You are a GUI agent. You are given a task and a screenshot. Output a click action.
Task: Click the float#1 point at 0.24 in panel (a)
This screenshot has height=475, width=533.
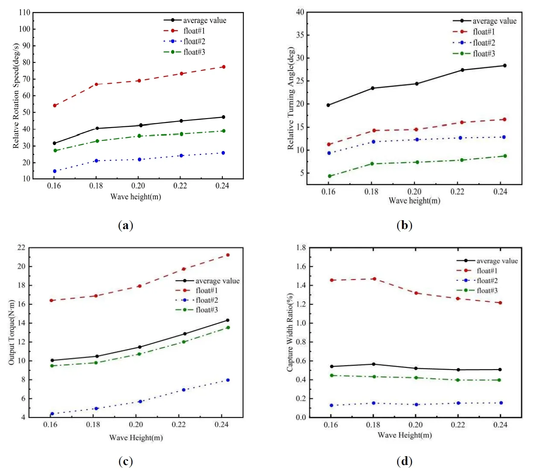tap(224, 67)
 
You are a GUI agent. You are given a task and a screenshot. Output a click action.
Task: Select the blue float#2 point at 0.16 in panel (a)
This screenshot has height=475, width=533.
tap(55, 171)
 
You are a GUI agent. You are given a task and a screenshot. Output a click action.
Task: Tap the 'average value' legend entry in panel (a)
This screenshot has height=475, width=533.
tap(204, 20)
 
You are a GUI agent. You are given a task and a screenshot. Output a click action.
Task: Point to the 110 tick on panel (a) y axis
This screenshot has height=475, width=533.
tap(25, 12)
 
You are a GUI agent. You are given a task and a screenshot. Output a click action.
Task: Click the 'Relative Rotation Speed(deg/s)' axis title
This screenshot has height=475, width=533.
tap(16, 96)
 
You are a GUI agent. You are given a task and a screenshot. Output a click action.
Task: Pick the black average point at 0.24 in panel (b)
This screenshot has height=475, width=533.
tap(504, 66)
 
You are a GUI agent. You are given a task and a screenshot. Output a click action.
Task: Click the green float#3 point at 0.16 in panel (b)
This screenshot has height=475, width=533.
tap(329, 176)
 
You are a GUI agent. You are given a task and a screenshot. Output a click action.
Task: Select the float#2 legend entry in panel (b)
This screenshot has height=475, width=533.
tap(483, 43)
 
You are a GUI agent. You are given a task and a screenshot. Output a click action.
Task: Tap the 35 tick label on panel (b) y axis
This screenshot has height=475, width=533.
tap(300, 35)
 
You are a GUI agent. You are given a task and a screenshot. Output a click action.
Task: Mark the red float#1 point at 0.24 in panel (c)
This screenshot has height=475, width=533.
tap(228, 255)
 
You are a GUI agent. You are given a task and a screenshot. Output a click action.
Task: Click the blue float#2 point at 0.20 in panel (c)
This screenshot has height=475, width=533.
tap(140, 402)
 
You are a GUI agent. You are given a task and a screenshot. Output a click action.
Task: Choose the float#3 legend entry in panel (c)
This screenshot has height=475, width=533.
tap(207, 310)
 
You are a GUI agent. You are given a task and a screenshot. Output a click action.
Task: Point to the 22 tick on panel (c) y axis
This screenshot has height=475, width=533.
tap(21, 248)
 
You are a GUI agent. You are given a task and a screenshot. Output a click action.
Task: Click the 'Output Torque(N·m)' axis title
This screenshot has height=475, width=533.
tap(12, 332)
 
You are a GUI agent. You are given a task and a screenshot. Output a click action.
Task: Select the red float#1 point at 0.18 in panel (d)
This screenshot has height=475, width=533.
tap(374, 279)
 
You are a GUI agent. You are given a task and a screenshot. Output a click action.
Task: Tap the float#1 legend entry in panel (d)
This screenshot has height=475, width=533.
tap(487, 271)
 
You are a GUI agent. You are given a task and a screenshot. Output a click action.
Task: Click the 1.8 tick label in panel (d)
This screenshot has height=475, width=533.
tap(301, 248)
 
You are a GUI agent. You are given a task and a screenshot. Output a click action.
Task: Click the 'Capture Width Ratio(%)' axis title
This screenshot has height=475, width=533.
tap(290, 332)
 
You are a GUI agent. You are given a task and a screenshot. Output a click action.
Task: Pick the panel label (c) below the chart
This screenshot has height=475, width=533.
tap(125, 461)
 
